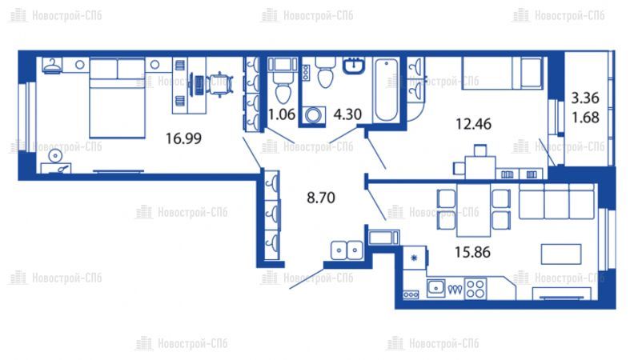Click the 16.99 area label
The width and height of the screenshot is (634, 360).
183,138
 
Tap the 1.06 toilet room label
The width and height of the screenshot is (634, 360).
282,114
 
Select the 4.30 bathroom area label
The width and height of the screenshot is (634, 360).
347,114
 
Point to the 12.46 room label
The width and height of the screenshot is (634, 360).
473,124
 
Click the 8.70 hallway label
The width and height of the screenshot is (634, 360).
321,198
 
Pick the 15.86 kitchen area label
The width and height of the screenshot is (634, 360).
472,252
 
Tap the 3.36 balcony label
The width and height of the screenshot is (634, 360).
585,98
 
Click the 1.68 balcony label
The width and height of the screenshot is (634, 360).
585,118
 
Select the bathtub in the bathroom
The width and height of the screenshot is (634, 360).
386,90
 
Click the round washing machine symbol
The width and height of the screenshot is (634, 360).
313,115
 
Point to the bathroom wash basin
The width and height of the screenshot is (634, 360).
354,66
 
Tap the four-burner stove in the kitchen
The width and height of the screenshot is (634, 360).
475,289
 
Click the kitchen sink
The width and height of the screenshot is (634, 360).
435,288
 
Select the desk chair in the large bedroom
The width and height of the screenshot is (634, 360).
219,85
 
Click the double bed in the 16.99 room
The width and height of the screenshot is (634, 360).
117,98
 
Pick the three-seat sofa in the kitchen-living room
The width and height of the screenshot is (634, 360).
556,201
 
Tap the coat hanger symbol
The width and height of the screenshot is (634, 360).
52,66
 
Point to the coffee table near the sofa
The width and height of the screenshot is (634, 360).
561,254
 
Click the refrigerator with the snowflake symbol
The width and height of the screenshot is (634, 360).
415,258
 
